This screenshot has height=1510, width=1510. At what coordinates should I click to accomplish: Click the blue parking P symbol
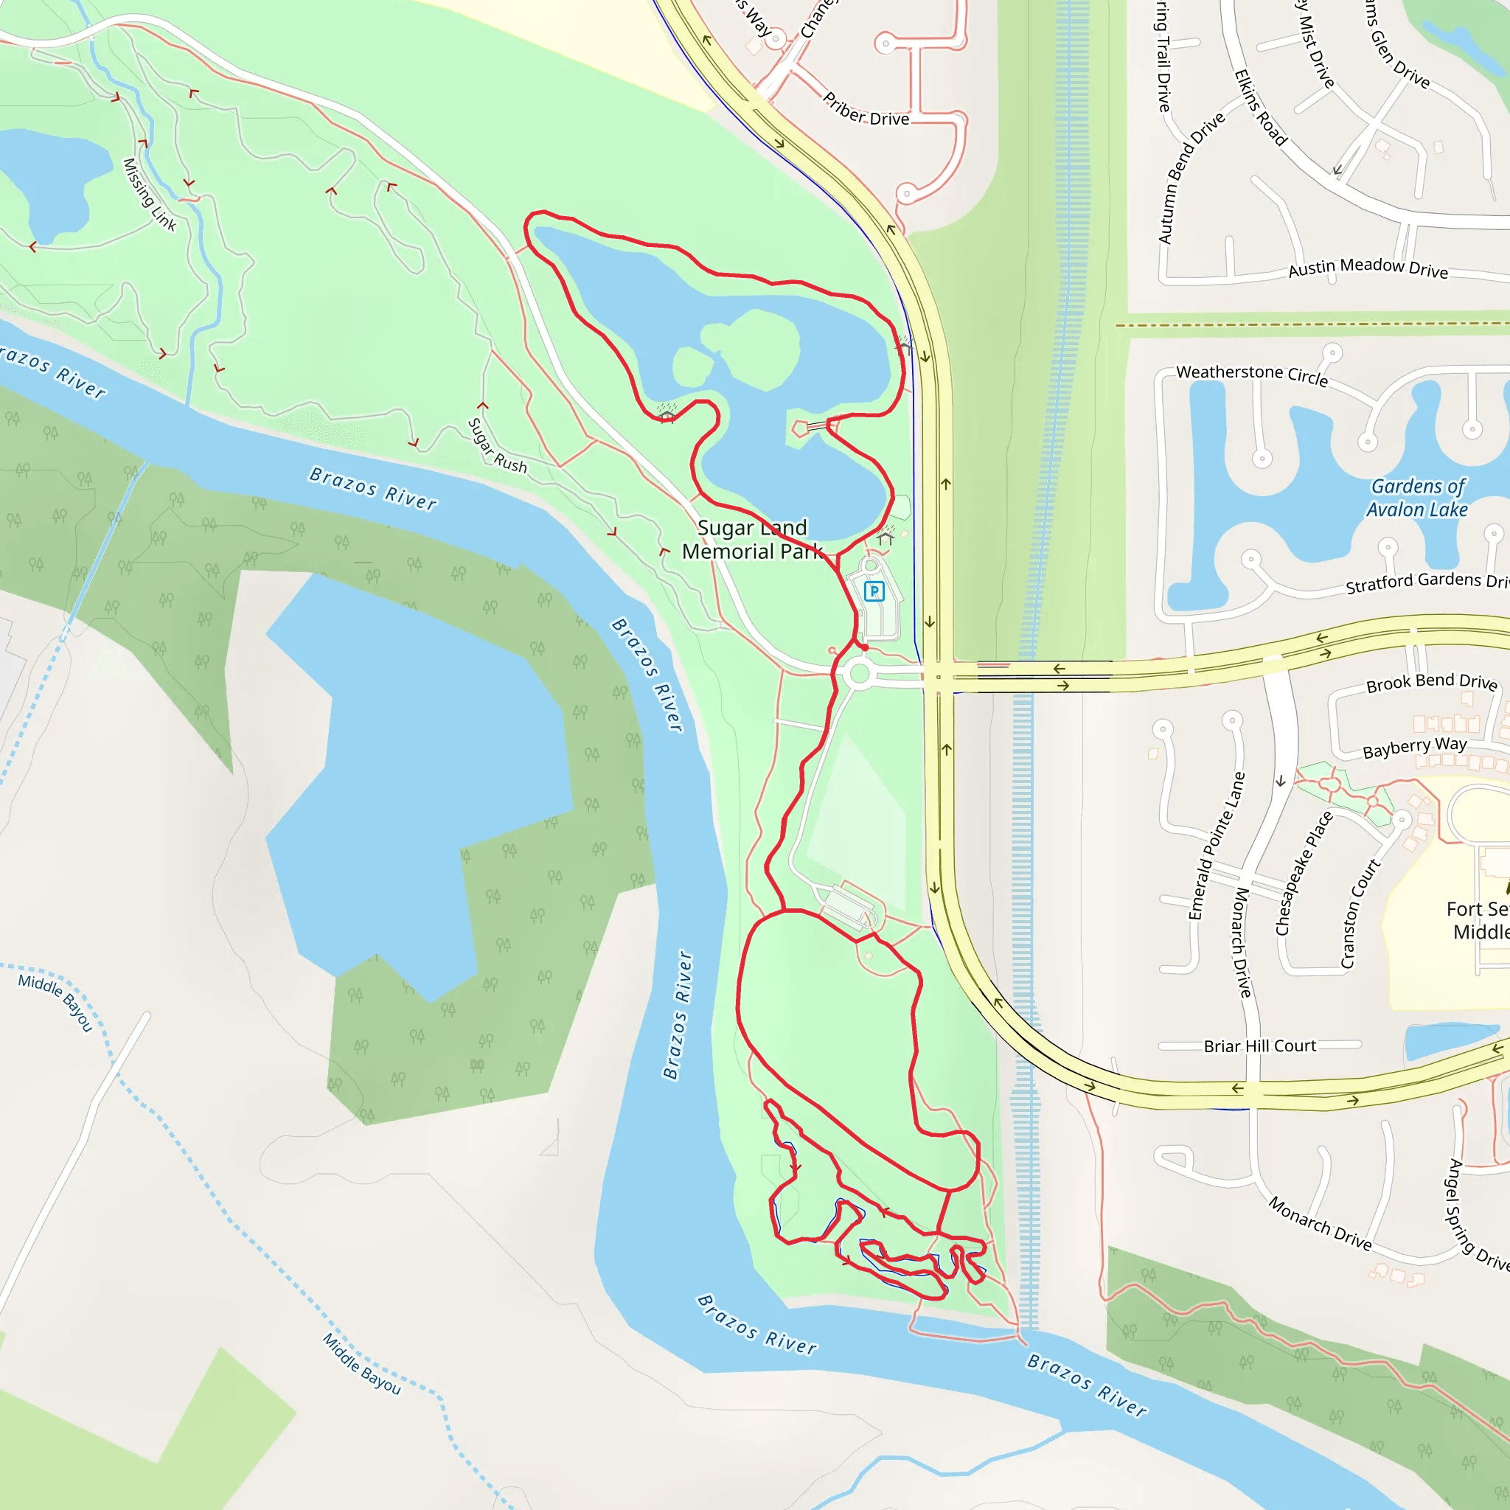pos(874,591)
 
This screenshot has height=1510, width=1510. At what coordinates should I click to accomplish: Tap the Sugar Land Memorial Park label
pos(752,539)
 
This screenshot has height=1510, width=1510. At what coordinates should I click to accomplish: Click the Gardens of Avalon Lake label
pos(1417,498)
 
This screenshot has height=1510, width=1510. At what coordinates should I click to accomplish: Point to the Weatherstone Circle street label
pos(1251,375)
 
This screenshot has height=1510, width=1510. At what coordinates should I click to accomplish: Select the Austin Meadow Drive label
pos(1368,268)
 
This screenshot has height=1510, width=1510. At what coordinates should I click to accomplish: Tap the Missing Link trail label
pos(149,195)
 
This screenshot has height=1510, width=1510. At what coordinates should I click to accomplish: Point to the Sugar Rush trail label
pos(497,445)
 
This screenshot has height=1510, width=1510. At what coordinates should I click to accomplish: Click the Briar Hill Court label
pos(1259,1045)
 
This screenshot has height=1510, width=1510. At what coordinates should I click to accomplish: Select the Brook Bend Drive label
pos(1431,682)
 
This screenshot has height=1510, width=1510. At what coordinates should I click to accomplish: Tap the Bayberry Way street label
pos(1415,747)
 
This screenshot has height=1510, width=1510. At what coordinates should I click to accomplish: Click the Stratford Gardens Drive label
pos(1427,582)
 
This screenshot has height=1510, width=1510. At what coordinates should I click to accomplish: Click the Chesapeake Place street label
pos(1304,873)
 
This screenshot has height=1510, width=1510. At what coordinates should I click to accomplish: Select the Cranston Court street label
pos(1361,914)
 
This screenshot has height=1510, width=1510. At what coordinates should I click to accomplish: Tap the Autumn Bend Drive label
pos(1190,178)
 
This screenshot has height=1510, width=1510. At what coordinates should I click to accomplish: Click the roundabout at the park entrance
pos(859,674)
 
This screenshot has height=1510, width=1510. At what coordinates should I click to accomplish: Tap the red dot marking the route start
pos(864,647)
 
